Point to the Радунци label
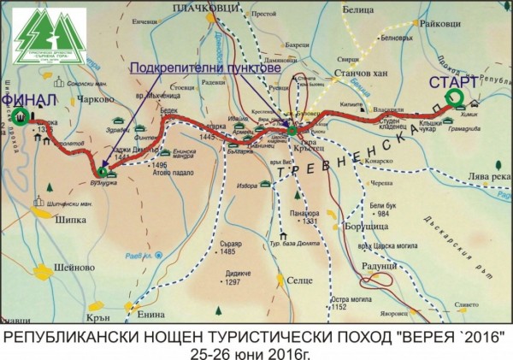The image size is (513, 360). (x=374, y=266)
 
